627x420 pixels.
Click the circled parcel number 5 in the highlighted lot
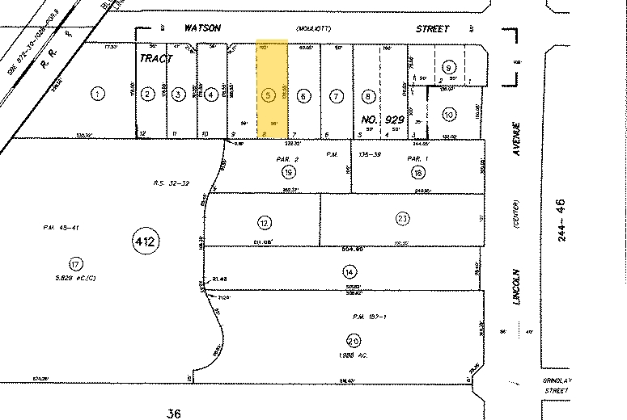[268, 94]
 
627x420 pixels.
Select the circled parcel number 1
[98, 94]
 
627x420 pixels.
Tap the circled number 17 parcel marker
[75, 264]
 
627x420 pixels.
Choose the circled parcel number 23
[402, 217]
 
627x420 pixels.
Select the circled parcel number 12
[263, 222]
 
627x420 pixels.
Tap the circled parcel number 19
[288, 172]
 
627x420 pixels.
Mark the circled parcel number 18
[418, 173]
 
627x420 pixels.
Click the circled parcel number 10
[448, 115]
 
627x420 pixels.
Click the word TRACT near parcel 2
[157, 59]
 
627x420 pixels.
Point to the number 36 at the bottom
[172, 413]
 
